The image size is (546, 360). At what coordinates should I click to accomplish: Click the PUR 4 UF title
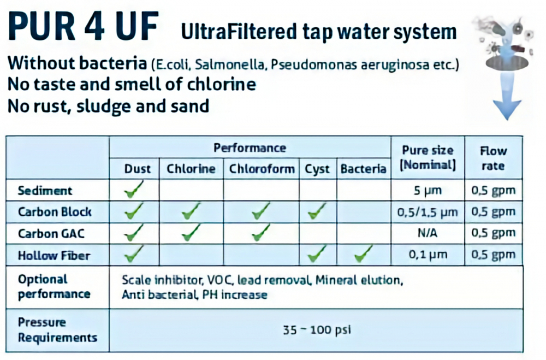[83, 27]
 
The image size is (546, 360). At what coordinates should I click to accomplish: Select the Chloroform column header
[262, 169]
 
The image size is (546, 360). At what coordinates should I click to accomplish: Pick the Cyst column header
[317, 169]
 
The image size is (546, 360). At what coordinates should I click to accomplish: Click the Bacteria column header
[363, 169]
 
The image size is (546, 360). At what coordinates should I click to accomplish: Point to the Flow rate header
[494, 158]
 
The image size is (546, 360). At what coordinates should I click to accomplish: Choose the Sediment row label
[45, 191]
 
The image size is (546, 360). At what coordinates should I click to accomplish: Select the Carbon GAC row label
[51, 233]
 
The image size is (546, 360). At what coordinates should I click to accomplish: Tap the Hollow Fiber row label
[54, 256]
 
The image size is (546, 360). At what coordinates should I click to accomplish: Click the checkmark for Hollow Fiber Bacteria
[363, 253]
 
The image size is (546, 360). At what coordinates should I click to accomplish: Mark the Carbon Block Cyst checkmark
[317, 210]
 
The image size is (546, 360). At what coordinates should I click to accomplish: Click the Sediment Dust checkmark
[133, 189]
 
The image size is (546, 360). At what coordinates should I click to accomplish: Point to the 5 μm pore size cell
[428, 191]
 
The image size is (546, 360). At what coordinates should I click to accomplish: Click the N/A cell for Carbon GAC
[428, 233]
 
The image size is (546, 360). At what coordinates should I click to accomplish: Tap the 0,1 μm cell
[428, 255]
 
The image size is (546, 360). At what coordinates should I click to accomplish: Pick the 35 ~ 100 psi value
[317, 329]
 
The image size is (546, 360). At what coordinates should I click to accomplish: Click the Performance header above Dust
[250, 147]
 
